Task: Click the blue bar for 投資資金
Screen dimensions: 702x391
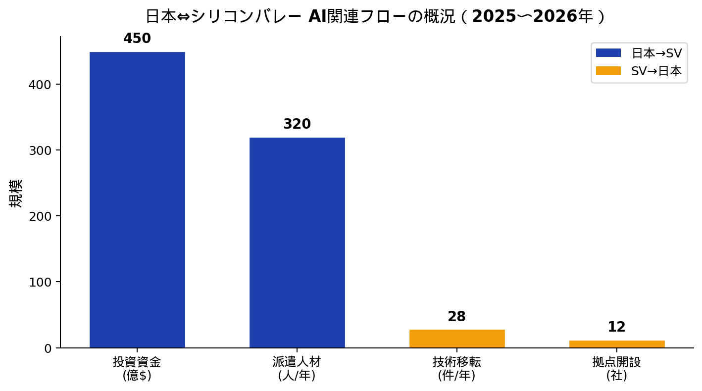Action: (137, 200)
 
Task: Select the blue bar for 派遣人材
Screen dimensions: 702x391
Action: (297, 243)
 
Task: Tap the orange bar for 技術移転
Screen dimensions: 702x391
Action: (457, 339)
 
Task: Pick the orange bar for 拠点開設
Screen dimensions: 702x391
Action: (617, 344)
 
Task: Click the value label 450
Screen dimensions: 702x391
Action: (137, 39)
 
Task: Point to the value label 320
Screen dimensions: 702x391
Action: (297, 124)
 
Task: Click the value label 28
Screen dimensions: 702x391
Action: (456, 316)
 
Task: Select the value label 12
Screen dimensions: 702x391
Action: (616, 327)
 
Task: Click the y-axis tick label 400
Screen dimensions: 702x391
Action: (40, 85)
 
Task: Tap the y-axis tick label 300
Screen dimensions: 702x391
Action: (40, 150)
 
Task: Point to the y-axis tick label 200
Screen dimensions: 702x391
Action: (40, 216)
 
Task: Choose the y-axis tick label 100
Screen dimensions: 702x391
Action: (40, 282)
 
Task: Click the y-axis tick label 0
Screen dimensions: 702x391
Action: (48, 348)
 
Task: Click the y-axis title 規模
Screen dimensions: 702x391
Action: (16, 194)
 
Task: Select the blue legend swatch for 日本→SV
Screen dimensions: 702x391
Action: (608, 53)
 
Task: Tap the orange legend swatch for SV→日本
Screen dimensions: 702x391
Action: (608, 71)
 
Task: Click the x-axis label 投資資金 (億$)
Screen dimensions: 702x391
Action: (137, 368)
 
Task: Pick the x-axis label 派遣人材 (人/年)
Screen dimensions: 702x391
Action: (297, 368)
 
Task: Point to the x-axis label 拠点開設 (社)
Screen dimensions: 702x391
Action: (616, 368)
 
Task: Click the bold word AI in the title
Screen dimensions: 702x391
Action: (317, 16)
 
